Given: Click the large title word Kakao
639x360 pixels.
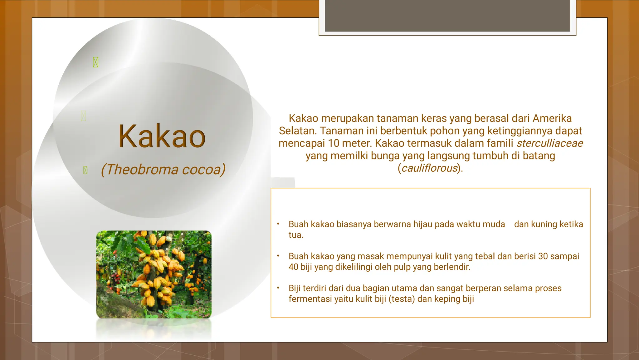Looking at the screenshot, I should [162, 136].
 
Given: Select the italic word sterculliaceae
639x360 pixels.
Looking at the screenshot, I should [549, 143].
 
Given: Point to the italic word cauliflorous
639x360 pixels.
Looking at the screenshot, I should [429, 168].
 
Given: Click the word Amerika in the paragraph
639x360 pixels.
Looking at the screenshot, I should [552, 119].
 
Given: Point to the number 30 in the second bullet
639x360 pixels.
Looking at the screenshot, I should [543, 256].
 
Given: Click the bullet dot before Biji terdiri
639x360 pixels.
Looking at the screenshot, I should [278, 288].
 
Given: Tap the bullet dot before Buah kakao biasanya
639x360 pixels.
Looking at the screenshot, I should [278, 224].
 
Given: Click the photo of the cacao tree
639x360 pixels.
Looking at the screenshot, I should [154, 274].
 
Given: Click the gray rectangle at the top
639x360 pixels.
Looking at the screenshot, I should [447, 16].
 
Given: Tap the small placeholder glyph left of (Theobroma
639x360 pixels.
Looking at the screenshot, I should [85, 170].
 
